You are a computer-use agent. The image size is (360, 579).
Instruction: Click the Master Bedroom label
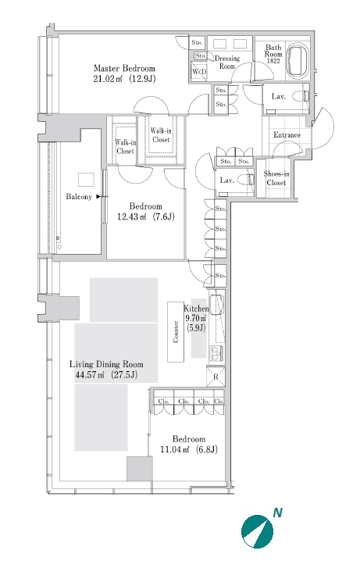124,68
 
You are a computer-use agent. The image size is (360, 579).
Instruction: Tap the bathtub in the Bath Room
299,61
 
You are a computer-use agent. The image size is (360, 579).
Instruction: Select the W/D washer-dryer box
199,71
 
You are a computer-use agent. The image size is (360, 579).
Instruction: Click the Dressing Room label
226,62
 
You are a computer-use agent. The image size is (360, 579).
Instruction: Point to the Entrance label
287,135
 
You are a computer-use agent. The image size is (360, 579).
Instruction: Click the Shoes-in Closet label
276,178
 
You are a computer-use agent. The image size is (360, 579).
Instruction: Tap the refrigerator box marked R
216,377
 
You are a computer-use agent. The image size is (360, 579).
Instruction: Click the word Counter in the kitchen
176,331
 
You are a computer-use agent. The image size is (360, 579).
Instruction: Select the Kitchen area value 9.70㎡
195,318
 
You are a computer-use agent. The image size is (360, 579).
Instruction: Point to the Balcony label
79,196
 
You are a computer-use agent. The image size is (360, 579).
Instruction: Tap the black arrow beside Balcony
98,196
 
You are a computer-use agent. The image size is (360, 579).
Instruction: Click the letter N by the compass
277,513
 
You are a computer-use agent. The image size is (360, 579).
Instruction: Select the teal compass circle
258,532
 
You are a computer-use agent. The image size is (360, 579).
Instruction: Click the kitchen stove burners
216,354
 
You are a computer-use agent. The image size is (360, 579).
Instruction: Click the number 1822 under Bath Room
273,61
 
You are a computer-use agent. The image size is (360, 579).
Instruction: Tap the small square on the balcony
86,180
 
